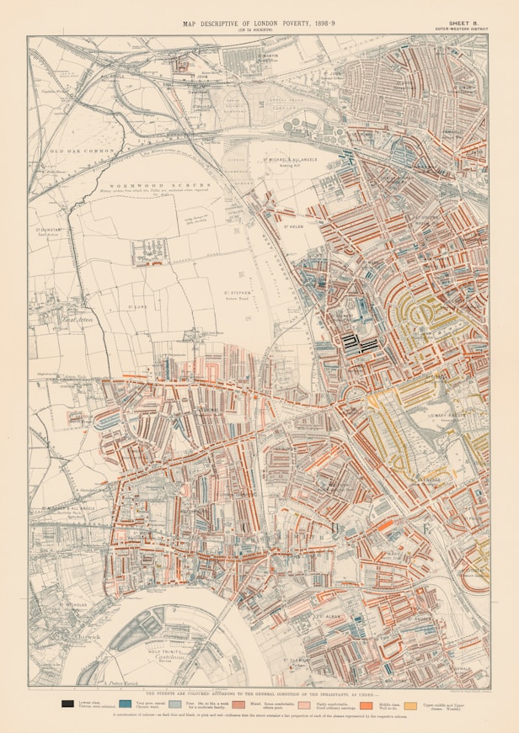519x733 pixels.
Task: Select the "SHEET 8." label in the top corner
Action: click(464, 24)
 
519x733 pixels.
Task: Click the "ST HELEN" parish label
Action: click(292, 226)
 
